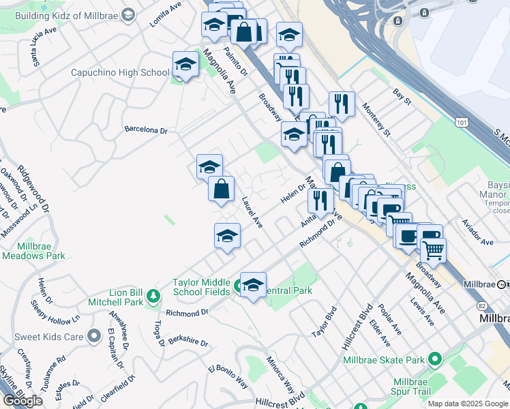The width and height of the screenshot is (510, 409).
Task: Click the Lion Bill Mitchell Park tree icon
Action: coord(154,295)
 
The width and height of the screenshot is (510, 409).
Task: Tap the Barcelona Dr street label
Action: coord(145,130)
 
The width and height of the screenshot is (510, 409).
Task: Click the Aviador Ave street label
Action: coord(487,242)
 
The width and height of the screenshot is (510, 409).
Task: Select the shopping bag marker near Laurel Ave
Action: coord(222,190)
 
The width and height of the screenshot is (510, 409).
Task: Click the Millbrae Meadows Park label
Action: coord(33,251)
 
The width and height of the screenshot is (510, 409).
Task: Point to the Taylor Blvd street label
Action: coord(325,322)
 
